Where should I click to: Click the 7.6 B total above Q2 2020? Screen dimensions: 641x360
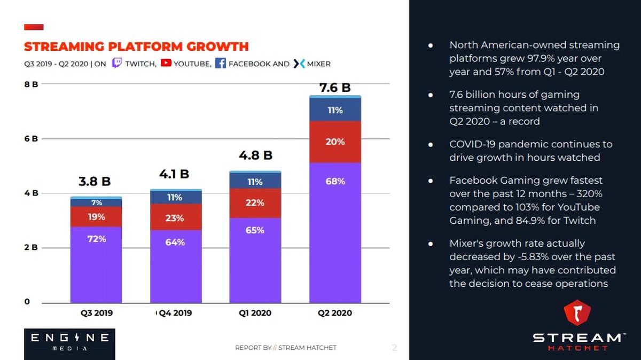[335, 88]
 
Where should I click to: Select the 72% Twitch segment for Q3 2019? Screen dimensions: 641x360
[96, 265]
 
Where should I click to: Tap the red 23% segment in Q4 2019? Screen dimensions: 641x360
[176, 217]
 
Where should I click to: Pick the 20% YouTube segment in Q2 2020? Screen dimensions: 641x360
[335, 142]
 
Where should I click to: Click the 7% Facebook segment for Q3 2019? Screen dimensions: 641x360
[96, 202]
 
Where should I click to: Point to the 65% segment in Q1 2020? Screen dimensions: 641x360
[255, 261]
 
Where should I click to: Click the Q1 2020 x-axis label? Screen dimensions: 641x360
[255, 313]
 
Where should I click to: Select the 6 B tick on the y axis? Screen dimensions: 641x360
[31, 139]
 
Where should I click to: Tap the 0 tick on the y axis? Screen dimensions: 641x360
[27, 302]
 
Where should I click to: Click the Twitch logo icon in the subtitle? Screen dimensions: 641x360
[117, 62]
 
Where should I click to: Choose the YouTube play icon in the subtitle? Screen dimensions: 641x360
[166, 62]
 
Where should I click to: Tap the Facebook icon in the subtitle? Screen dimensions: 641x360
[220, 63]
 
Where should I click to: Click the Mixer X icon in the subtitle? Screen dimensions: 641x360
[299, 64]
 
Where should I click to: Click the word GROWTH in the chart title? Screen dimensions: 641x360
[217, 46]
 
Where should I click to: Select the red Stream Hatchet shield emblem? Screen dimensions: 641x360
[577, 312]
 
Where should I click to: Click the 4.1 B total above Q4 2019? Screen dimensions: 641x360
[174, 174]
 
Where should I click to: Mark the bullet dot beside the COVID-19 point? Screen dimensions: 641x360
[431, 145]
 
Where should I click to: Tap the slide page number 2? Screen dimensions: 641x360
[394, 348]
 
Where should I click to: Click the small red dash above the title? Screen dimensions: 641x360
[34, 27]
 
